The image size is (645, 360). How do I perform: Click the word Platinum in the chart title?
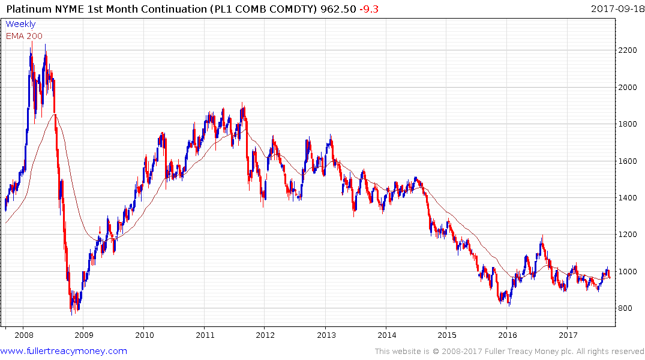point(27,8)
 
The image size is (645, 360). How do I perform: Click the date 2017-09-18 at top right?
point(615,8)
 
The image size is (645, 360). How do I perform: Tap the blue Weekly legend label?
point(20,24)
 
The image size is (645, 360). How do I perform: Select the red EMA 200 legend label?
point(24,36)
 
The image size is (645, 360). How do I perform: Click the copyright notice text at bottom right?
point(509,352)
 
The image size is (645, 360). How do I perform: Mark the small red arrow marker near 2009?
point(100,229)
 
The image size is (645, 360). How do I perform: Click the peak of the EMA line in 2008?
point(55,113)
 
